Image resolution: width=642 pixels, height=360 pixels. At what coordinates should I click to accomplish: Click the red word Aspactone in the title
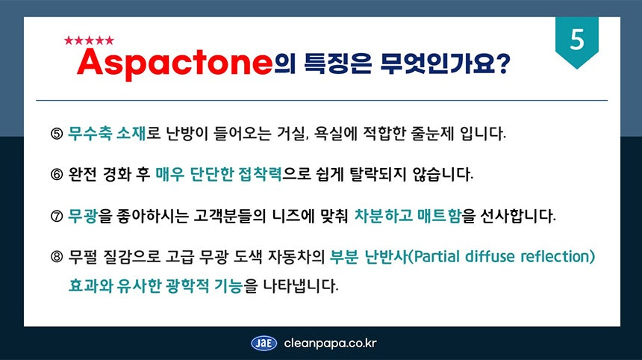tap(175, 63)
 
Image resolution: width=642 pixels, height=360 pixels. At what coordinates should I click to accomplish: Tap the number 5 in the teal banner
tap(577, 40)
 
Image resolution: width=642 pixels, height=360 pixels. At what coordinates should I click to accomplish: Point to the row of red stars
tap(89, 40)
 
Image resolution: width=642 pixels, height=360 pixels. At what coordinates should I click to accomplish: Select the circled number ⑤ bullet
tap(57, 134)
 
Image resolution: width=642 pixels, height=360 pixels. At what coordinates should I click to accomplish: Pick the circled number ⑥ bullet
tap(57, 175)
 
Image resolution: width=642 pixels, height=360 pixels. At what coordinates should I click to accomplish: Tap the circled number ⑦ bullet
tap(57, 216)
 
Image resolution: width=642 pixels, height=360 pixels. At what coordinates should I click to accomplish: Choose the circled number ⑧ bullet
tap(57, 257)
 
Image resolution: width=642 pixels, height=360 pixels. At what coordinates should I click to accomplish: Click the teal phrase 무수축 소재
tap(107, 133)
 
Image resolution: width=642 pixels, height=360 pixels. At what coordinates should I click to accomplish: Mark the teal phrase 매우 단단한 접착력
tap(219, 174)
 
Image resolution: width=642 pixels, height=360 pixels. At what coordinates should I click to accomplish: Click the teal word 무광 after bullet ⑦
tap(82, 215)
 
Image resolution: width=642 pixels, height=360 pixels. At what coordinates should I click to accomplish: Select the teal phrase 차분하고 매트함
tap(408, 215)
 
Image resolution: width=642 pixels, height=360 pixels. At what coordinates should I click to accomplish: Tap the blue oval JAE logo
tap(264, 344)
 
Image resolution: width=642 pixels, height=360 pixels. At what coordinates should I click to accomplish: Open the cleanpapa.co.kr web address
tap(330, 344)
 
